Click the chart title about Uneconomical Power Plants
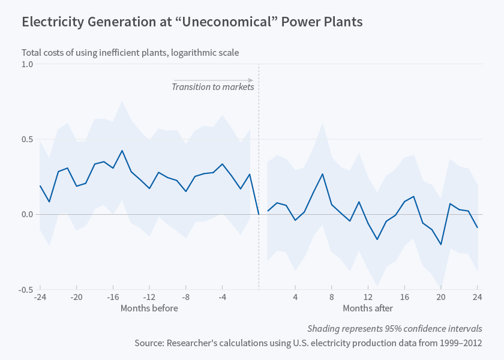coord(192,22)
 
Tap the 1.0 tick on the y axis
coord(27,64)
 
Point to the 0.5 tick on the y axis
coord(27,139)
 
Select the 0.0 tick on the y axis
coord(27,214)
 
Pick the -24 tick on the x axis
coord(40,297)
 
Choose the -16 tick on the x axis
coord(113,297)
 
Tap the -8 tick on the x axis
coord(186,297)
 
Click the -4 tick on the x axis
coord(222,297)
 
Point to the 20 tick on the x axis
coord(441,297)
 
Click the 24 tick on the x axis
coord(478,297)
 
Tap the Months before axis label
coord(149,308)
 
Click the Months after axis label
coord(368,308)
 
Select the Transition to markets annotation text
coord(212,87)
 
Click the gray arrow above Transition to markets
coord(213,80)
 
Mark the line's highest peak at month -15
coord(122,151)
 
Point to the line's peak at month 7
coord(323,174)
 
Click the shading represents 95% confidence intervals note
coord(394,329)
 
